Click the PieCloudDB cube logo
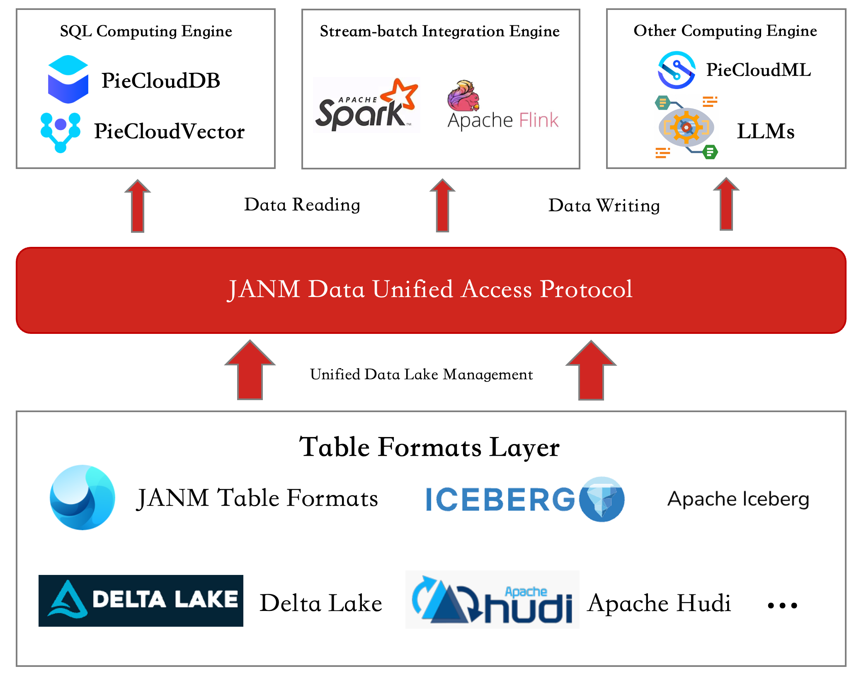click(x=68, y=79)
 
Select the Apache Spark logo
click(x=366, y=105)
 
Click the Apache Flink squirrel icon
click(x=463, y=96)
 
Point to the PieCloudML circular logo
click(x=677, y=70)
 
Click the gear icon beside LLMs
click(x=687, y=127)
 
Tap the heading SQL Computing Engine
click(x=146, y=31)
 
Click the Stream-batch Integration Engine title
click(x=440, y=31)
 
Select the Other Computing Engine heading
click(x=725, y=31)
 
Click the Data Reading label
click(x=302, y=205)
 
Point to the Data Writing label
click(x=604, y=205)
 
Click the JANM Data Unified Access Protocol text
click(x=430, y=289)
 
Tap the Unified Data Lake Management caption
click(x=422, y=374)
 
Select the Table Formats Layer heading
click(x=429, y=447)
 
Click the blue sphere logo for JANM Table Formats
click(x=82, y=497)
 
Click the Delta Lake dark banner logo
click(x=141, y=601)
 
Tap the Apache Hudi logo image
click(x=493, y=600)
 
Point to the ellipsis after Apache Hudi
click(x=782, y=606)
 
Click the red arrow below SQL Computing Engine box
click(x=138, y=205)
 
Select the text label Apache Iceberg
click(x=738, y=500)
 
